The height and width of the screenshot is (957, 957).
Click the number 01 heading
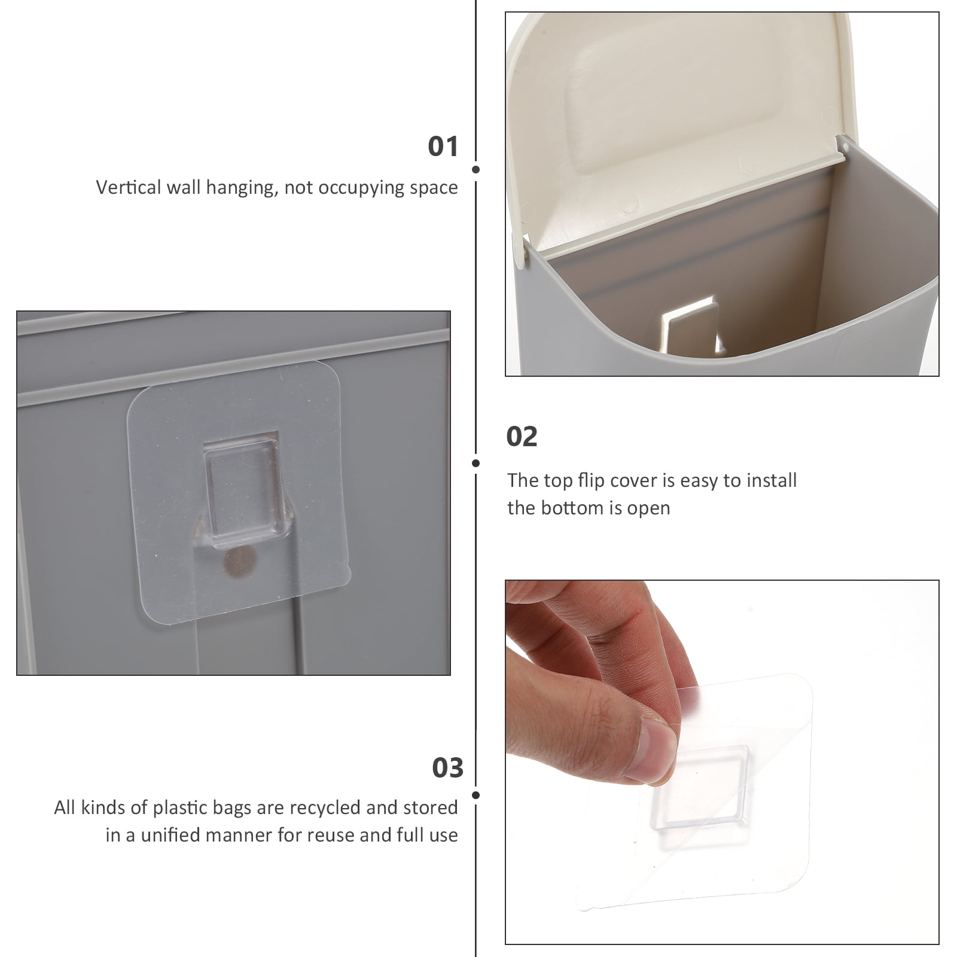[443, 147]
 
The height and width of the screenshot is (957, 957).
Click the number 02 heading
[522, 437]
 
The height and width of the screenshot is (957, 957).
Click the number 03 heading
[447, 768]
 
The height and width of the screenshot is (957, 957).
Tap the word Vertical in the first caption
[128, 187]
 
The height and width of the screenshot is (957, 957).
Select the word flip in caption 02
[589, 480]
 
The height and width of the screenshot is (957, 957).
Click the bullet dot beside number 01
[476, 169]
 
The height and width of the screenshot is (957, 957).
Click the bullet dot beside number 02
[476, 463]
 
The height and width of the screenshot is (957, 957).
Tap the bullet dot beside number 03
[476, 795]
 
